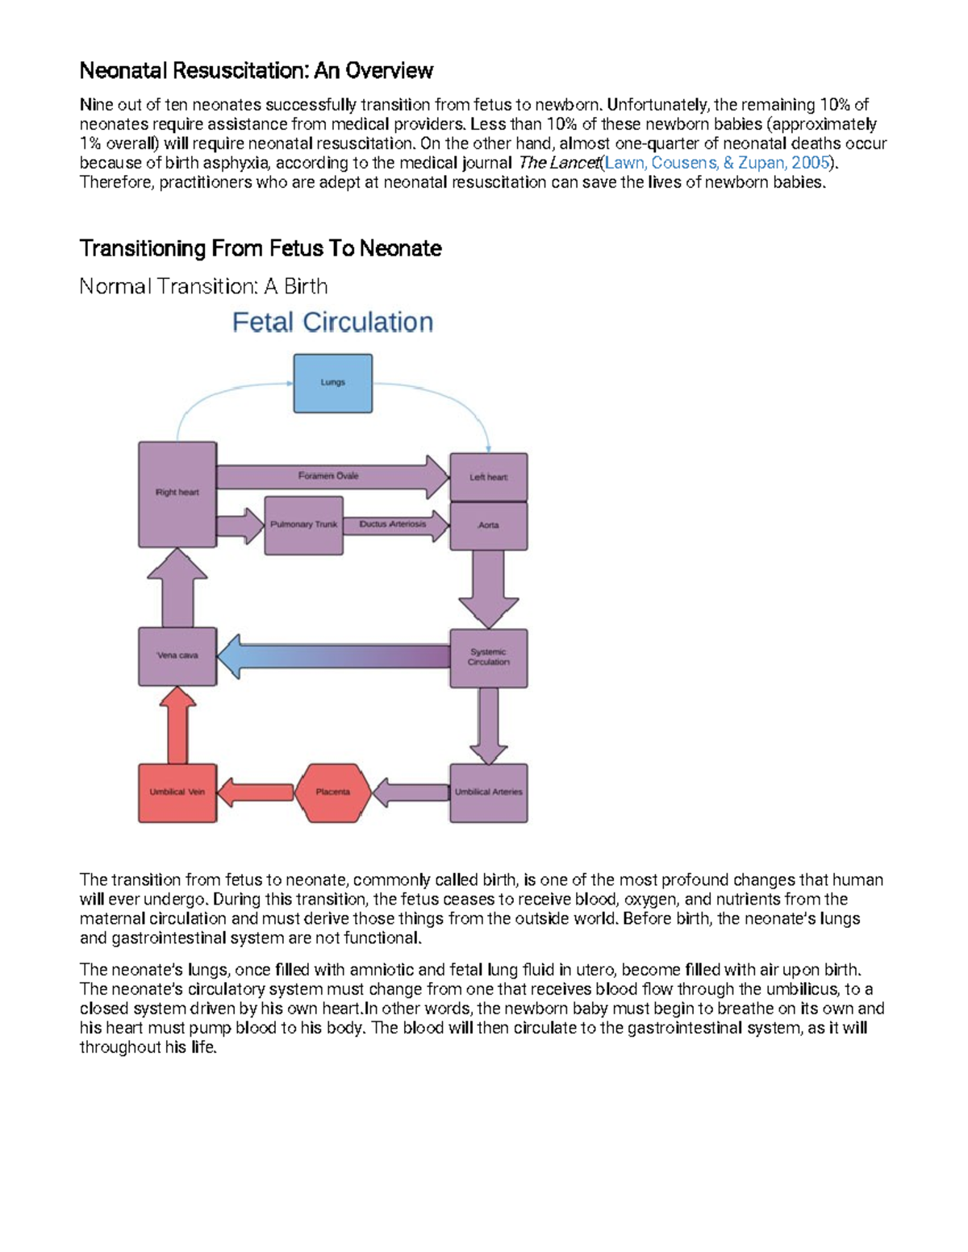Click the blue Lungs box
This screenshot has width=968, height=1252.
tap(332, 383)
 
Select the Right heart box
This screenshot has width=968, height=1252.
tap(177, 493)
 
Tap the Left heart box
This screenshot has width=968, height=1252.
tap(488, 477)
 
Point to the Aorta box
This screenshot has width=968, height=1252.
tap(488, 526)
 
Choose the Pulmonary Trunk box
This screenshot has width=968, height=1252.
tap(303, 525)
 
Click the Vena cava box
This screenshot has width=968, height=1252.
tap(177, 656)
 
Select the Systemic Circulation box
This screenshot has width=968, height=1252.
tap(488, 658)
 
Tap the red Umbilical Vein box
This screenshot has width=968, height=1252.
tap(177, 792)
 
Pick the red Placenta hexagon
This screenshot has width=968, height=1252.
tap(332, 792)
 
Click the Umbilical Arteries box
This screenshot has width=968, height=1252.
tap(488, 792)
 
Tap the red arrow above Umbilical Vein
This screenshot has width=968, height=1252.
tap(178, 726)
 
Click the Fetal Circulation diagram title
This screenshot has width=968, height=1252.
tap(332, 322)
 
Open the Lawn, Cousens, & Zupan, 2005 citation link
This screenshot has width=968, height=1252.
tap(717, 163)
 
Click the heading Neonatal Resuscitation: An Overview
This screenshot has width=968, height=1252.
tap(256, 71)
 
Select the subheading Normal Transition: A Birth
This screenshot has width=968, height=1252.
tap(203, 286)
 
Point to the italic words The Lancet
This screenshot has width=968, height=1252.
tap(558, 163)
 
